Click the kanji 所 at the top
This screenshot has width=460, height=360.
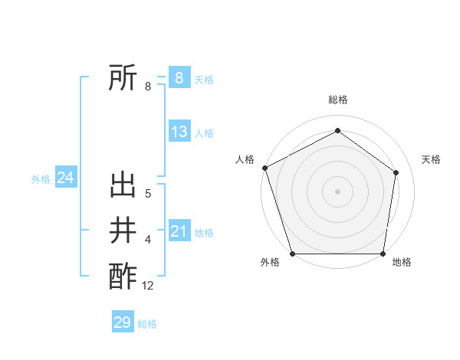coord(123,77)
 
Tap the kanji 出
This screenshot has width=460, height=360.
coord(123,187)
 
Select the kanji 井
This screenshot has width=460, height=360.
coord(123,231)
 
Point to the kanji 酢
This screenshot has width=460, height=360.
coord(123,275)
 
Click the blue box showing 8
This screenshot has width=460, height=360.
coord(179,77)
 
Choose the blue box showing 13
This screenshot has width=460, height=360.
coord(179,132)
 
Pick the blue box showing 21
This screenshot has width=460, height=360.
coord(179,231)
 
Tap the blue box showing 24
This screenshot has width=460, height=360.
coord(65,178)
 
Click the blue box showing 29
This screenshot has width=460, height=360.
coord(123,322)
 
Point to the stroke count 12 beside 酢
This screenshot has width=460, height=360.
coord(148,286)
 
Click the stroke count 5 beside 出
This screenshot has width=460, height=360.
coord(148,195)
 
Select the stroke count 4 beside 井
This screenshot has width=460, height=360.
coord(148,241)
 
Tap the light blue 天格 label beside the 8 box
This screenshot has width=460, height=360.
coord(204,79)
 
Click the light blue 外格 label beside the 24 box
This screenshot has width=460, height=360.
coord(41,179)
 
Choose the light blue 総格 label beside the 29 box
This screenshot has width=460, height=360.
coord(147,324)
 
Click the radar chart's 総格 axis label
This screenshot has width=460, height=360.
coord(338,100)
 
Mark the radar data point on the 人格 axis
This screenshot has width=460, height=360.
coord(264,168)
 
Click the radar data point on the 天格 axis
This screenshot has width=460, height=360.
coord(396,172)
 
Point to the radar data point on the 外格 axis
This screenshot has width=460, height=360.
coord(292,254)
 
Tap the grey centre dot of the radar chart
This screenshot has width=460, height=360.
coord(338,191)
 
